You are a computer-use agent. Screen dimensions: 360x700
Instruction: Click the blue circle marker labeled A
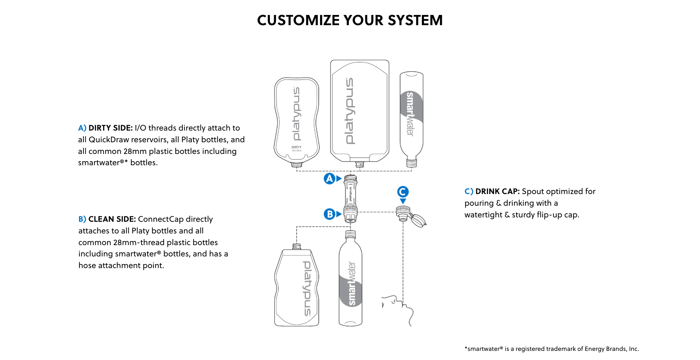point(330,178)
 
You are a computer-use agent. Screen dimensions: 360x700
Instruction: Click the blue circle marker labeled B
point(330,214)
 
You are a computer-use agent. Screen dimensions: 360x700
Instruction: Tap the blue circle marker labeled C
point(403,192)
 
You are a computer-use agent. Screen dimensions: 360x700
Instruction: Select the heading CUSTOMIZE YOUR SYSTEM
point(350,20)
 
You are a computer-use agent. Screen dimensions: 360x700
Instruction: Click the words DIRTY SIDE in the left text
point(110,128)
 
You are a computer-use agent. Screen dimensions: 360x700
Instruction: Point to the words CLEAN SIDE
point(112,219)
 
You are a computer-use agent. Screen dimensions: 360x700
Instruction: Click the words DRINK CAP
point(497,191)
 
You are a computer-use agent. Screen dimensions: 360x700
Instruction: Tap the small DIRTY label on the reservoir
point(296,147)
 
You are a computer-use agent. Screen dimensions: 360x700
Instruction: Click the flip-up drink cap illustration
point(411,216)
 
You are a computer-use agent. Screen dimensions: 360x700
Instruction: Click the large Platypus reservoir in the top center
point(359,109)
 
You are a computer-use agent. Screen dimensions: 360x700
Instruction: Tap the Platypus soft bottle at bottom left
point(297,288)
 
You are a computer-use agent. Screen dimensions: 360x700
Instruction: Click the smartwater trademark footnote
point(552,349)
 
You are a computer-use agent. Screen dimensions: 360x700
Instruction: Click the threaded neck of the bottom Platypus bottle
point(297,247)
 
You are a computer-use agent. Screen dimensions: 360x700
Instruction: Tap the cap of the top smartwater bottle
point(412,163)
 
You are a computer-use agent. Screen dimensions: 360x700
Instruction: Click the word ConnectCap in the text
point(161,219)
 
